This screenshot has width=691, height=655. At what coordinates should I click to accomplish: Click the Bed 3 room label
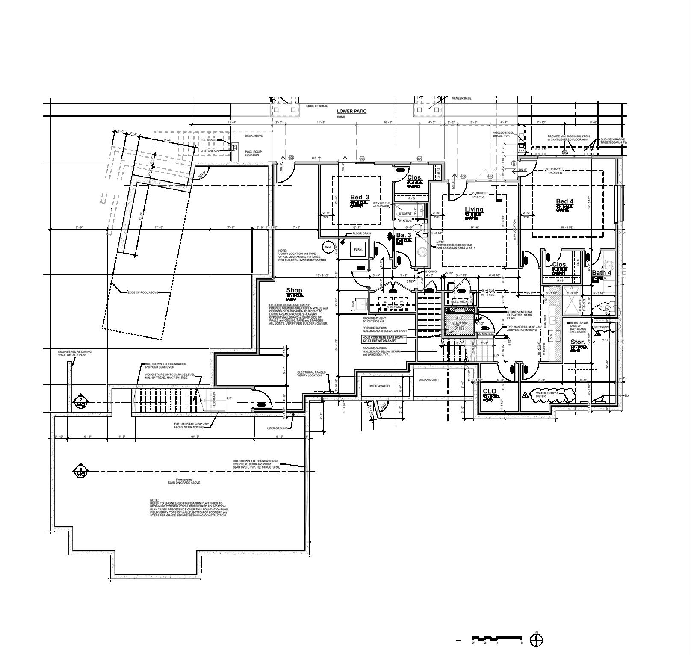click(360, 198)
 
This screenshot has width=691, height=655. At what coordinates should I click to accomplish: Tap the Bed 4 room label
click(564, 201)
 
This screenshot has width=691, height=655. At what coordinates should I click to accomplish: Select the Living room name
click(474, 209)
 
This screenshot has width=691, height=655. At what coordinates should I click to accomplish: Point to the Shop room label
click(294, 291)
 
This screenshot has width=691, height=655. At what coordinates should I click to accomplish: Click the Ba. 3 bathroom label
click(404, 236)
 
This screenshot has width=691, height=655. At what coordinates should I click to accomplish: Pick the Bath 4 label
click(602, 273)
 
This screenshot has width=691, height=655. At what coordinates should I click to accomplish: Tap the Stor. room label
click(578, 342)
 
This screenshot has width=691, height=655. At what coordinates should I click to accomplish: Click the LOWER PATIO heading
click(351, 111)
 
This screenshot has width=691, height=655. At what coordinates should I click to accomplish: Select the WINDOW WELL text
click(429, 380)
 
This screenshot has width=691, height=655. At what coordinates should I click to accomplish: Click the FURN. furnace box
click(357, 249)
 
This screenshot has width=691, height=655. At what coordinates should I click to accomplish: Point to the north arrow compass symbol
click(536, 640)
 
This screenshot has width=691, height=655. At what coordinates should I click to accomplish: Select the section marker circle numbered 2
click(80, 401)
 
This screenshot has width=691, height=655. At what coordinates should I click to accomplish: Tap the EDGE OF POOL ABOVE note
click(142, 292)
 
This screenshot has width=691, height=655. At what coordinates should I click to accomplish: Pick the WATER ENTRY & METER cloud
click(552, 394)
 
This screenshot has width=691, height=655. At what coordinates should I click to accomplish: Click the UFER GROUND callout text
click(277, 428)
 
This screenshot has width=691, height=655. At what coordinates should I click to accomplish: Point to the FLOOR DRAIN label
click(361, 233)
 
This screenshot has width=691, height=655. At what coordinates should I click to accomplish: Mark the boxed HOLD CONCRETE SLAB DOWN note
click(382, 339)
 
